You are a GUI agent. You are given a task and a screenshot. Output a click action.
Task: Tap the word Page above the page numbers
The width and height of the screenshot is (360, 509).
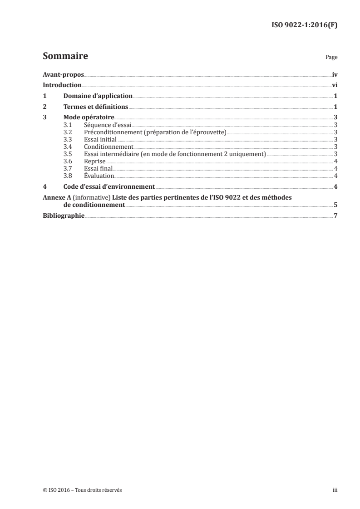pyautogui.click(x=331, y=58)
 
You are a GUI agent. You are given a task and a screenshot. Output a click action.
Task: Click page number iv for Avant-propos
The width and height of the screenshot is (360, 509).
pyautogui.click(x=334, y=74)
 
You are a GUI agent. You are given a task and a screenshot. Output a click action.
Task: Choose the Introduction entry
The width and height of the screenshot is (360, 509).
pyautogui.click(x=62, y=85)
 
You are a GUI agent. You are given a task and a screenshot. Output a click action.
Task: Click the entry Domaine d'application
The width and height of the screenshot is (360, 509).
pyautogui.click(x=98, y=96)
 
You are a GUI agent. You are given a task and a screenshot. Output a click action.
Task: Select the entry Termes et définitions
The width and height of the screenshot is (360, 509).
pyautogui.click(x=96, y=107)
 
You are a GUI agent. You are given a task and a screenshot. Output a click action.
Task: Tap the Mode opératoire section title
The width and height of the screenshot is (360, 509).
pyautogui.click(x=89, y=117)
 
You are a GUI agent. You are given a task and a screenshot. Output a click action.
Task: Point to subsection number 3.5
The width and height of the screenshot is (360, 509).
pyautogui.click(x=68, y=154)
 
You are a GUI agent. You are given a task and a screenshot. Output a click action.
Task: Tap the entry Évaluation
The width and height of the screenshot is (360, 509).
pyautogui.click(x=99, y=176)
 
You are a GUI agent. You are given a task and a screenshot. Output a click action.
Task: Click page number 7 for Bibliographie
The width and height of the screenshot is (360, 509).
pyautogui.click(x=335, y=215)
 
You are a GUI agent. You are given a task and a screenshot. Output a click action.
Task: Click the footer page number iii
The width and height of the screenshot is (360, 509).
pyautogui.click(x=335, y=490)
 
